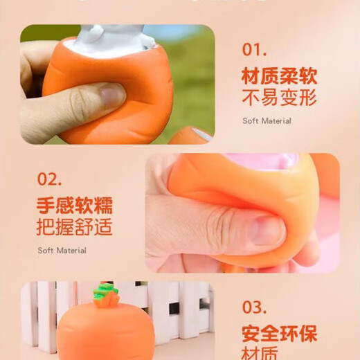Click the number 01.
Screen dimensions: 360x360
click(x=254, y=49)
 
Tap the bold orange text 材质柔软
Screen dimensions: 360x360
click(x=279, y=75)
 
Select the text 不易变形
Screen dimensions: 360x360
click(x=279, y=97)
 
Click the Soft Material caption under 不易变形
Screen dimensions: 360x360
click(x=267, y=120)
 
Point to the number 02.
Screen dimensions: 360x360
click(x=50, y=179)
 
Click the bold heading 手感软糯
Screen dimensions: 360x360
click(x=74, y=205)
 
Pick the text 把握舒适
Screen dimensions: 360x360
click(x=74, y=227)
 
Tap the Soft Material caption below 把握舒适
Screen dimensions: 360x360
click(x=62, y=251)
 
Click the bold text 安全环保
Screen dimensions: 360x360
click(x=279, y=334)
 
